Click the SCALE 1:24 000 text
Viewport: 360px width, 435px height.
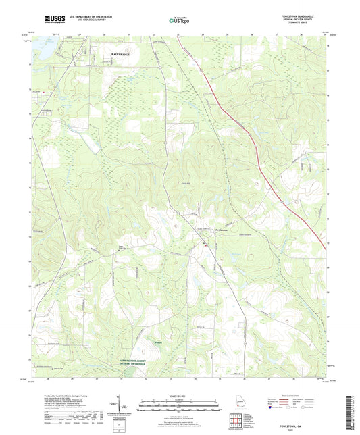tap(179, 396)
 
